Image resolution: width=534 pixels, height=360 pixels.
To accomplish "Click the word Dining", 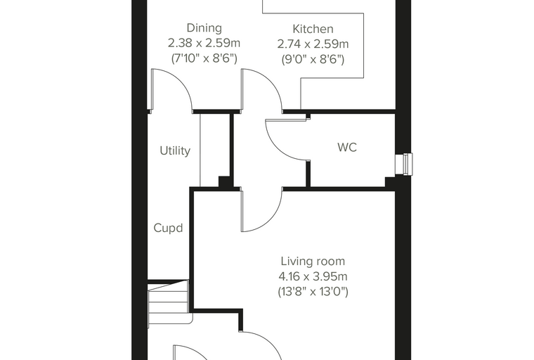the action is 204,28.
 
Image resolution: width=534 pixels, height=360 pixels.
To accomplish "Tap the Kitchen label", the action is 313,29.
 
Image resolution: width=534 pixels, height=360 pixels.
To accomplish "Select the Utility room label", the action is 175,150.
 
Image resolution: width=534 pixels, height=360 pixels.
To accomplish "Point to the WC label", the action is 347,147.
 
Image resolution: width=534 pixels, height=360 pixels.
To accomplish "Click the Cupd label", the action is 168,228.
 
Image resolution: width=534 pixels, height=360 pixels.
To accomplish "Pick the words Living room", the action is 313,261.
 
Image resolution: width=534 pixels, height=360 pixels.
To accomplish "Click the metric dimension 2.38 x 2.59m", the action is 204,44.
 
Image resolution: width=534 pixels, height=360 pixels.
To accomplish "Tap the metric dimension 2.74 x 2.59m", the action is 313,44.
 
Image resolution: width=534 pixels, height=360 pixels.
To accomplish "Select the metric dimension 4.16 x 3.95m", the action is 313,276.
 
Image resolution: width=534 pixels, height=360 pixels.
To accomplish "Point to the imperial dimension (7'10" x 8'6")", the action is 204,58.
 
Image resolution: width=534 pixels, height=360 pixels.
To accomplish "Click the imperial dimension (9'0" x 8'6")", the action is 313,60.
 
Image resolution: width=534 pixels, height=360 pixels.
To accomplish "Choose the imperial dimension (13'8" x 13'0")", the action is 313,292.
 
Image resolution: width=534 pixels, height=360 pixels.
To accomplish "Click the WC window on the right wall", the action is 404,164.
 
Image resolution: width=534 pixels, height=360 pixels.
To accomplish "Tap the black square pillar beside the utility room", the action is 223,181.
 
